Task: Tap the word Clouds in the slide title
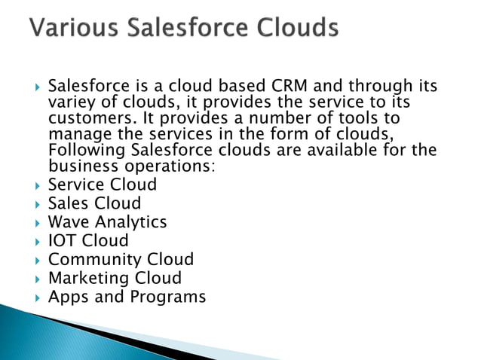click(290, 29)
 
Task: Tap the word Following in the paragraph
click(85, 150)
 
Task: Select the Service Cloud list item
click(102, 185)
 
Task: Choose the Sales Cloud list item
click(94, 203)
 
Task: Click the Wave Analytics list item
click(107, 222)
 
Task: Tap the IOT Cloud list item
click(88, 241)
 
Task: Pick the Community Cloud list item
click(121, 260)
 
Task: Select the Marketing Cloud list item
click(115, 278)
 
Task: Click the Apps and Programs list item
click(127, 297)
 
